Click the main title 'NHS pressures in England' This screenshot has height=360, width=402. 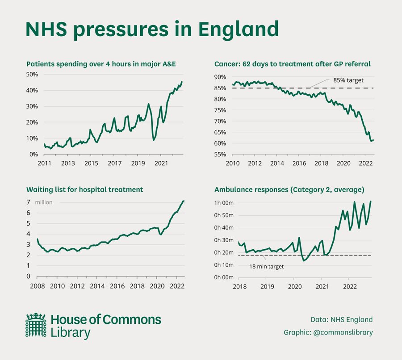point(152,29)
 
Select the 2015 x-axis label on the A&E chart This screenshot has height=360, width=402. point(91,163)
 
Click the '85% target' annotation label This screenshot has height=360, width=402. point(348,80)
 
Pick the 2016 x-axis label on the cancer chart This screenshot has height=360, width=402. point(299,163)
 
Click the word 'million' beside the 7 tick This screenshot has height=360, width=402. point(44,202)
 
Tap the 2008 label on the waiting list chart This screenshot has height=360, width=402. point(37,286)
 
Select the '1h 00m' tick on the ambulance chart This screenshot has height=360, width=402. point(224,203)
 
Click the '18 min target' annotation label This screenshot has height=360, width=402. point(266,266)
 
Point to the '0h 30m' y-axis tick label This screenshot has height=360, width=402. point(224,240)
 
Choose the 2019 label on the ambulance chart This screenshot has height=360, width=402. point(267,286)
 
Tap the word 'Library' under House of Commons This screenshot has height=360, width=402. point(71,333)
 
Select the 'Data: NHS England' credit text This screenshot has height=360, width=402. point(342,319)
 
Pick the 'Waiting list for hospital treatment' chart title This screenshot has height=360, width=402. point(84,189)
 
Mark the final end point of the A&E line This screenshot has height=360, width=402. point(182,82)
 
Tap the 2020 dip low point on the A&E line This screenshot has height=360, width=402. point(154,140)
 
